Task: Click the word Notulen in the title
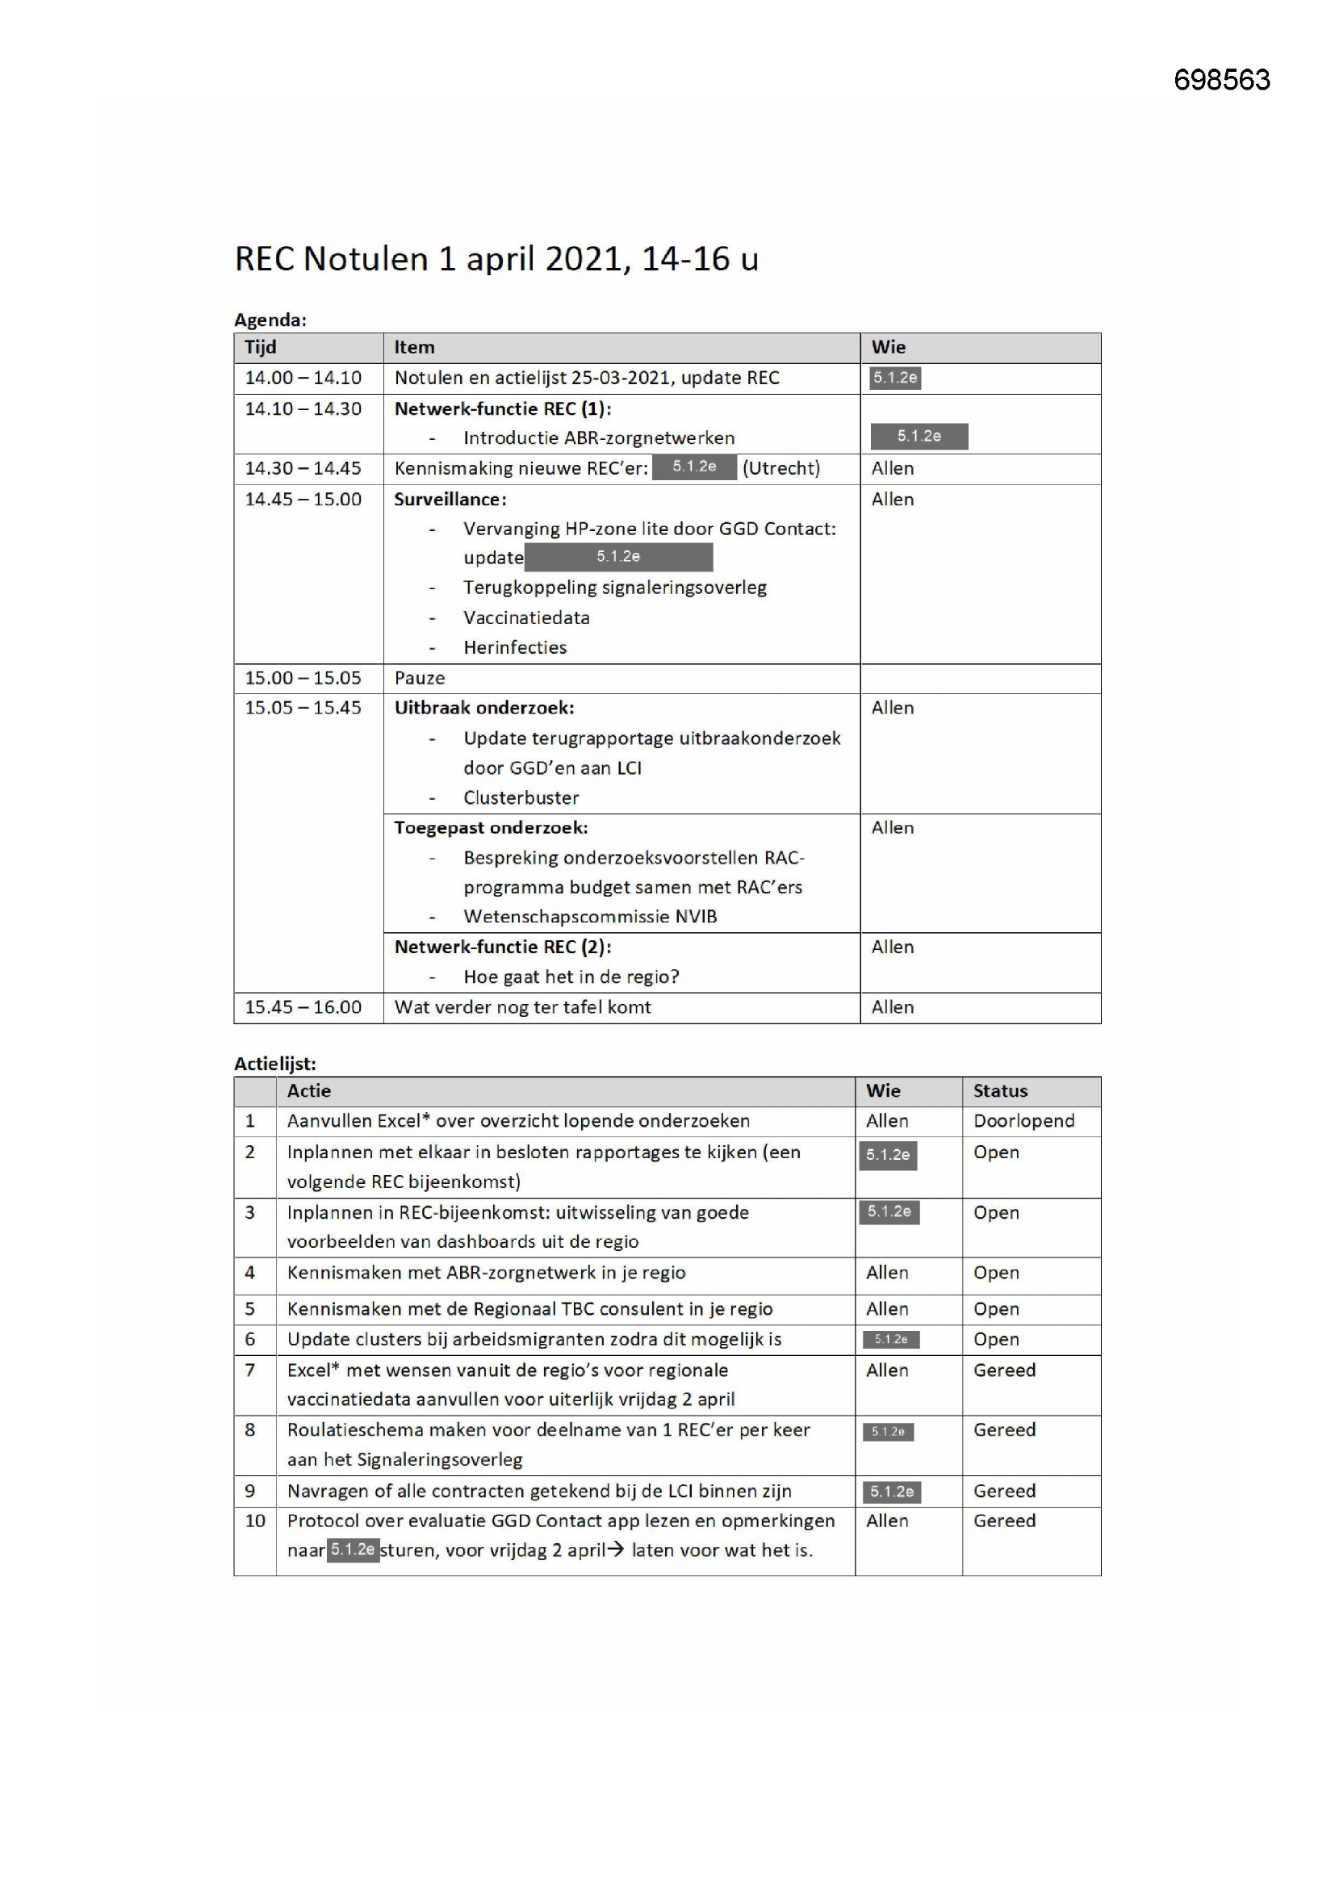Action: point(365,259)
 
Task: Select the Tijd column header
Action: point(261,348)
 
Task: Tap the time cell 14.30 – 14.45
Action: point(303,468)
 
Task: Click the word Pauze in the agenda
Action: point(419,678)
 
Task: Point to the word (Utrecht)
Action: point(781,468)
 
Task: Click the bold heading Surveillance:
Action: point(450,499)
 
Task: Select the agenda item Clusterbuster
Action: point(521,797)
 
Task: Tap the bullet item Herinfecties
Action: point(515,647)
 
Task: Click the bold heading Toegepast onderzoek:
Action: point(491,827)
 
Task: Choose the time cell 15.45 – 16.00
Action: point(303,1006)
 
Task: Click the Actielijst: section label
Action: point(274,1064)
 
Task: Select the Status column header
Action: point(999,1090)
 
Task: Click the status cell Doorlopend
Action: point(1023,1121)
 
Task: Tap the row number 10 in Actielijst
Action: point(255,1521)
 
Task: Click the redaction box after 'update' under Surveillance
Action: point(618,557)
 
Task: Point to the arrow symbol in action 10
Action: point(616,1550)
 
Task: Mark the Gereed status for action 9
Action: point(1004,1491)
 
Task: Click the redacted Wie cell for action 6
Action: point(890,1340)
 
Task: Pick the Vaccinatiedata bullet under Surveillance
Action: point(526,617)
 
